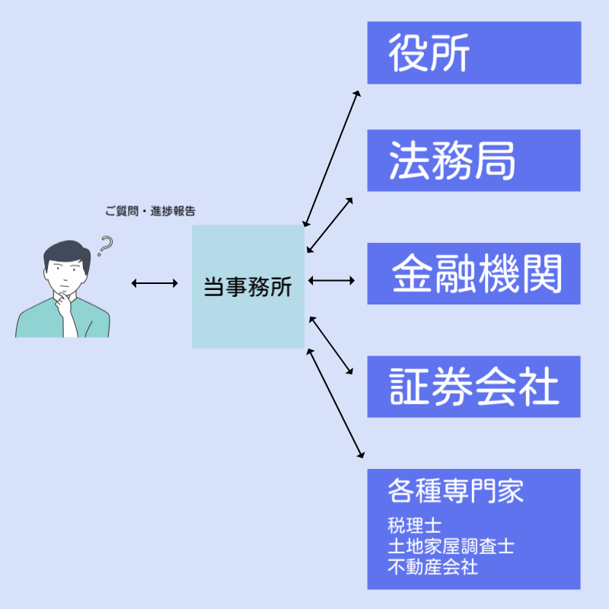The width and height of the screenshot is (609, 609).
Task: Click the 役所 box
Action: [473, 53]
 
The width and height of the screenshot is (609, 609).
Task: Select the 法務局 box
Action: [473, 160]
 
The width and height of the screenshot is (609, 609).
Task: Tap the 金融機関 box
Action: [473, 274]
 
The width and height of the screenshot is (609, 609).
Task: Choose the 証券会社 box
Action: [473, 387]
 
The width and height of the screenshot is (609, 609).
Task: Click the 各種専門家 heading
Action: [455, 491]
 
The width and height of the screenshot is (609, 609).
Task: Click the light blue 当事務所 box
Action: [248, 286]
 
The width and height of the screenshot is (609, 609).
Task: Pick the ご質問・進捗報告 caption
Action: [155, 212]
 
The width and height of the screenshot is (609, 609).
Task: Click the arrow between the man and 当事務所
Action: [155, 283]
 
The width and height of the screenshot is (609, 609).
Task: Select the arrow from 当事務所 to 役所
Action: [331, 158]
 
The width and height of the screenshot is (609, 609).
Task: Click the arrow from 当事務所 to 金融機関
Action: [331, 281]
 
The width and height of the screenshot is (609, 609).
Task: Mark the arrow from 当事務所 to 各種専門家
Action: [333, 403]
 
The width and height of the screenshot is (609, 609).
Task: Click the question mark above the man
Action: [105, 246]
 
